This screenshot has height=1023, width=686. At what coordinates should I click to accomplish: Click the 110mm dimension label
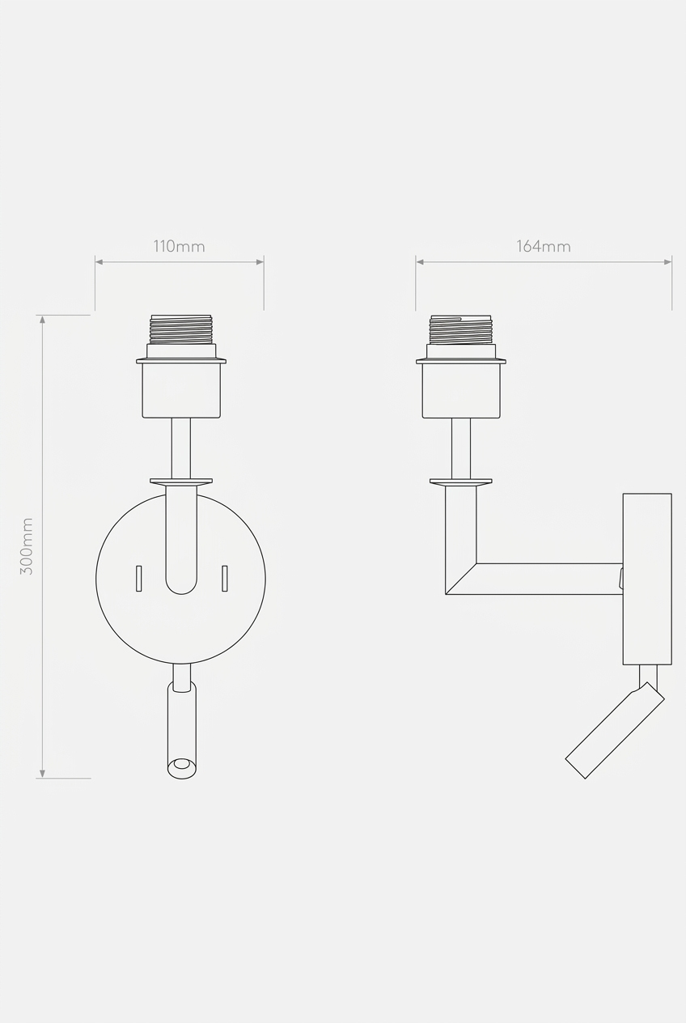[179, 247]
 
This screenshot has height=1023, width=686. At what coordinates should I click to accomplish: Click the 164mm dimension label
[544, 247]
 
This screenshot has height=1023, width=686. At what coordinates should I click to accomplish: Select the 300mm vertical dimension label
[27, 546]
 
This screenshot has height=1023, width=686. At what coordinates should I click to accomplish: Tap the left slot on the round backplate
[139, 579]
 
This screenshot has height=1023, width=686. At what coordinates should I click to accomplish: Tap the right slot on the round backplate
[224, 579]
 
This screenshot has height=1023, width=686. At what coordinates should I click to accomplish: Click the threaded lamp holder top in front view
[181, 329]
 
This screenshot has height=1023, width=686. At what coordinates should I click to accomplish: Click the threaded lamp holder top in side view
[461, 329]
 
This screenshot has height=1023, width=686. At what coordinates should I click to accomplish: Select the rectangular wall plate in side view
[647, 579]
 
